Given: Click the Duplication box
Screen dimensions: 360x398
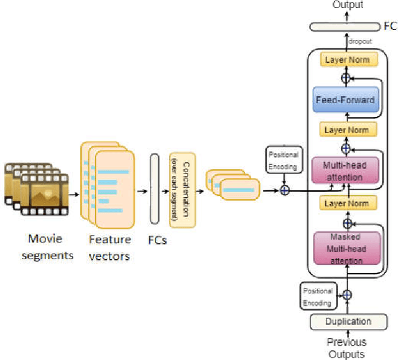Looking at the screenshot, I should (348, 321).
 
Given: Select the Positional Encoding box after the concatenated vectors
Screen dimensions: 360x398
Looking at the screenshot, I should (282, 160).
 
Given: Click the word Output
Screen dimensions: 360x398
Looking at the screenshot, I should (348, 5).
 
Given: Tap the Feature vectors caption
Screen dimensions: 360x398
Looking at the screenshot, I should (109, 246).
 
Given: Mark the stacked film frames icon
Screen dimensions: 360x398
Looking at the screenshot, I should (34, 186).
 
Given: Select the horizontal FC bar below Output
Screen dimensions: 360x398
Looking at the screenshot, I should (344, 26).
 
